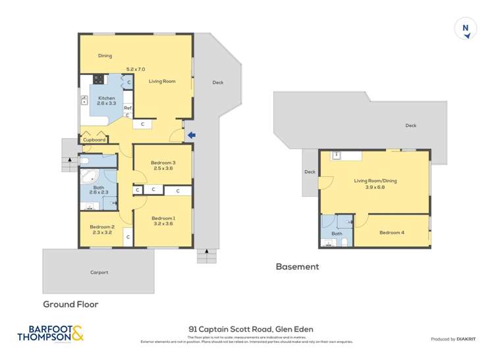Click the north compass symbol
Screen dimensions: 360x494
coord(466,29)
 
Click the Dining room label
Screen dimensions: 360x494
coord(105,56)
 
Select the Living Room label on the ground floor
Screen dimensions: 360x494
coord(162,81)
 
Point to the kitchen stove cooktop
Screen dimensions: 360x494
coord(98,80)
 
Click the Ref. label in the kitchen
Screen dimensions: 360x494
coord(128,108)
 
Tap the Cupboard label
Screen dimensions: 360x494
coord(95,140)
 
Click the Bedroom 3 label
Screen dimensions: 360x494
coord(163,163)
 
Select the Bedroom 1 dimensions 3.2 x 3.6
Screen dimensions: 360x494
coord(163,224)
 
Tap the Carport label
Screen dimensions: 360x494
coord(99,272)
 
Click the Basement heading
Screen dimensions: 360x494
coord(297,267)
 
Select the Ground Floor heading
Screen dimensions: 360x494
coord(70,304)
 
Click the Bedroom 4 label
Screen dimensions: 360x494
coord(393,232)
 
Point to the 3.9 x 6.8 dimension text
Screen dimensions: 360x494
coord(375,187)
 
